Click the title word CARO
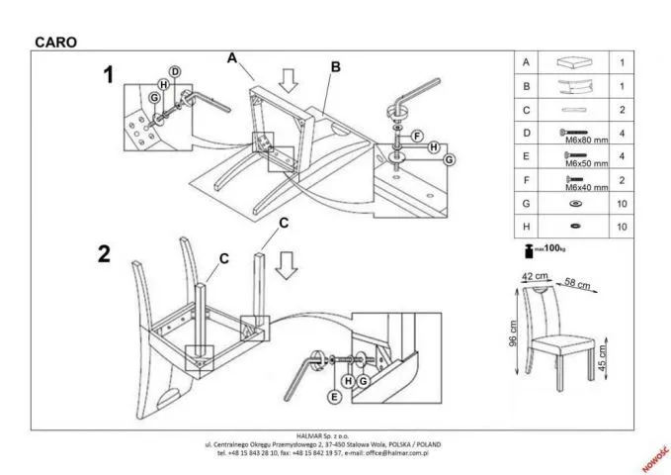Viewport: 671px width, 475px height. [x=55, y=43]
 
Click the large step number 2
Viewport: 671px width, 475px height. [x=104, y=253]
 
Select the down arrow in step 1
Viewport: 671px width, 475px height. [x=288, y=80]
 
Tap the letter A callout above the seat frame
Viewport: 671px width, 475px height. [x=232, y=58]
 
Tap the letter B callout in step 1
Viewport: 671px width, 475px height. [x=335, y=67]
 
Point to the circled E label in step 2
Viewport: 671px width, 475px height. [x=334, y=397]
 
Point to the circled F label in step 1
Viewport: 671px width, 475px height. [x=417, y=135]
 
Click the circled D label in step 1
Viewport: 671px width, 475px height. [x=174, y=71]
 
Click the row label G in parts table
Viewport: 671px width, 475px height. [x=526, y=205]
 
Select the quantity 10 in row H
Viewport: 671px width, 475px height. [x=622, y=228]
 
